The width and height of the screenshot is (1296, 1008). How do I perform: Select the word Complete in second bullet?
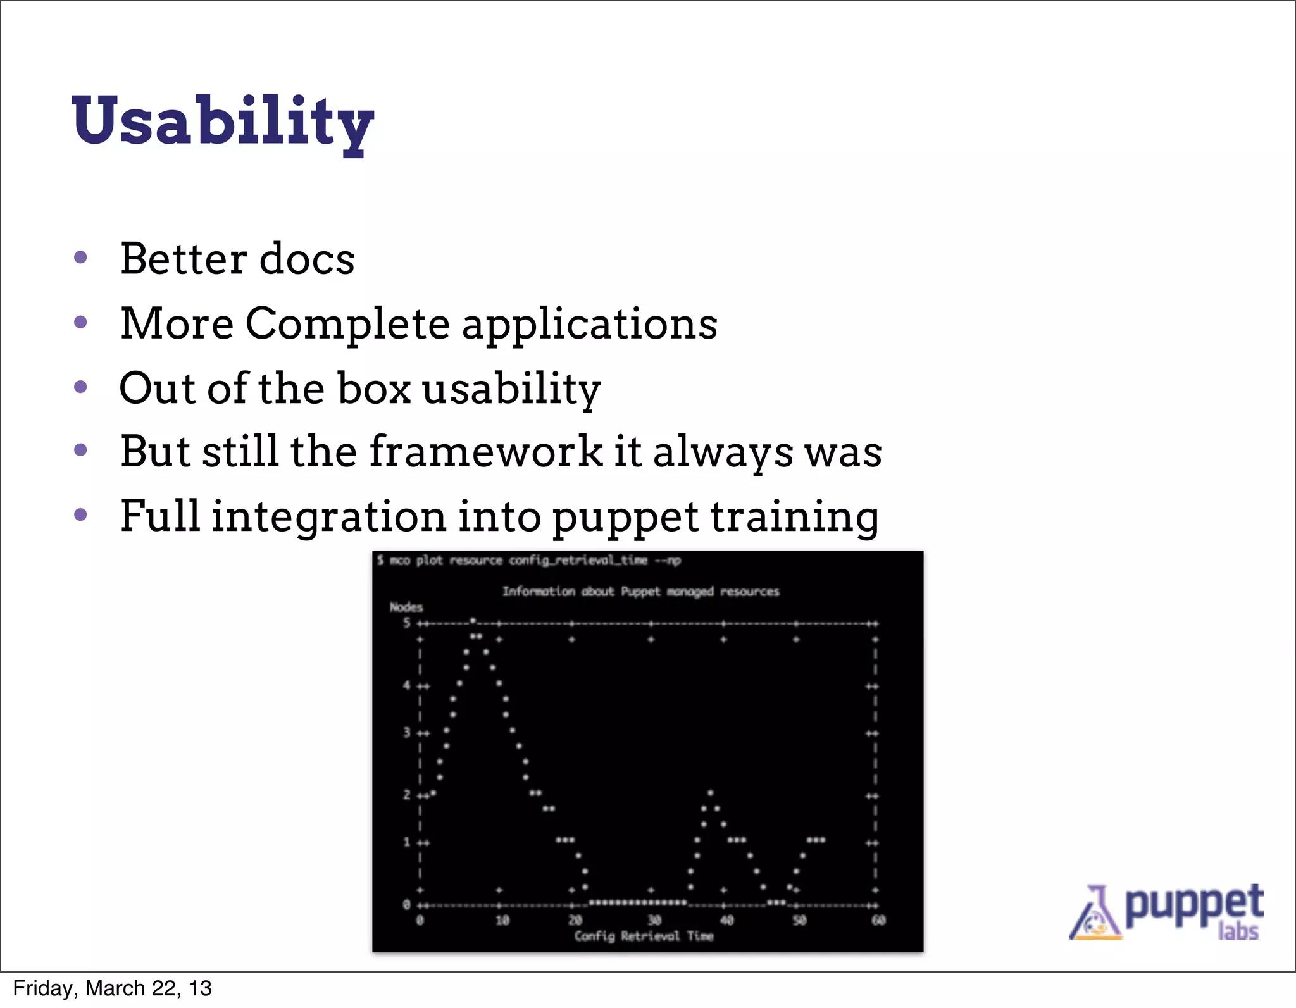pos(347,323)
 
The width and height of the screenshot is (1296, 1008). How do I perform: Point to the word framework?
pos(486,452)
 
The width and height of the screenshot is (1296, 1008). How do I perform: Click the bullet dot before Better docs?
pos(80,258)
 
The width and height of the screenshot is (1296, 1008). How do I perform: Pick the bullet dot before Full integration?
pos(80,514)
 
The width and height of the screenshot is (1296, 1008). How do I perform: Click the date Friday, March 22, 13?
pos(112,988)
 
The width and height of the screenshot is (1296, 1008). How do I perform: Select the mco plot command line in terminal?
pos(529,561)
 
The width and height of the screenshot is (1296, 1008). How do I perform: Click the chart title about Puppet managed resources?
pos(640,592)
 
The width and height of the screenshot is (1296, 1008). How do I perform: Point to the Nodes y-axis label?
pos(406,607)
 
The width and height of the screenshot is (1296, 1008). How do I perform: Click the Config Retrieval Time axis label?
pos(644,936)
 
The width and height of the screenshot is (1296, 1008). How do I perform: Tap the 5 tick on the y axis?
pos(407,623)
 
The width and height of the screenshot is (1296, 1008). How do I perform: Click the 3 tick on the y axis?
pos(407,733)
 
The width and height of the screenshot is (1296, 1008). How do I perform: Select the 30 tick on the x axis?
pos(654,920)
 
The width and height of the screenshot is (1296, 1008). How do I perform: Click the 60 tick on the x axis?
pos(878,920)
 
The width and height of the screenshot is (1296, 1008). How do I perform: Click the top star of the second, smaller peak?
pos(710,793)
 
